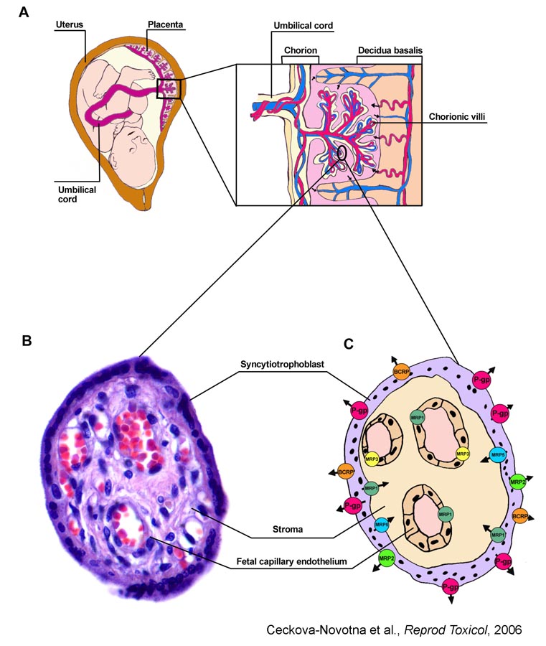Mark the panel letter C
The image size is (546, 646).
coord(349,345)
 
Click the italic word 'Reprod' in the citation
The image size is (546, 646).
coord(402,629)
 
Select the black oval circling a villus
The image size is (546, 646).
coord(343,153)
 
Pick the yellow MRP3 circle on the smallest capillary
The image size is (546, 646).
coord(372,459)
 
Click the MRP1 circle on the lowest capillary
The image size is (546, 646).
coord(446,514)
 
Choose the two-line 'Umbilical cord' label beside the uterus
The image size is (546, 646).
coord(76,194)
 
